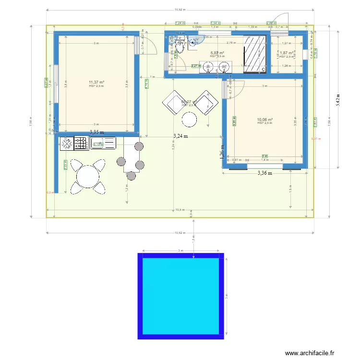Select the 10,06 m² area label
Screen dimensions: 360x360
tap(264, 120)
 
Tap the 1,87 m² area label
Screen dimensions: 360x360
tap(287, 53)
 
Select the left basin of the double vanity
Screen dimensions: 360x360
tap(209, 68)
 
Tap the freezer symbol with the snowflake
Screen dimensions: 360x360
tap(66, 143)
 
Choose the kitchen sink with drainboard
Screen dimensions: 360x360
tap(102, 143)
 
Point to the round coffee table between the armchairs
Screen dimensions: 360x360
tap(190, 119)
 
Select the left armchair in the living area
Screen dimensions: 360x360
tap(174, 103)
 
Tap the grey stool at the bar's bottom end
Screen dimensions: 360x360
tap(131, 176)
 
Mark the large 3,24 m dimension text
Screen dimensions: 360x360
tap(180, 136)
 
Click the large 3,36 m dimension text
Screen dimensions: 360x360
tap(264, 173)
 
